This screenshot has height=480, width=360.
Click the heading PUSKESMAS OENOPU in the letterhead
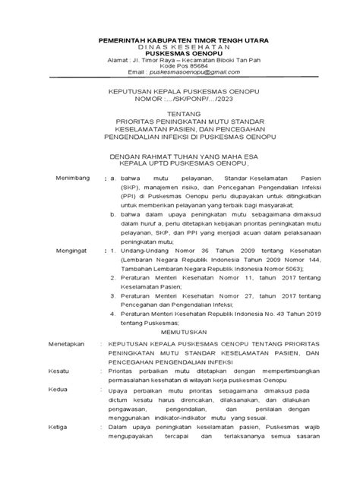tap(180, 53)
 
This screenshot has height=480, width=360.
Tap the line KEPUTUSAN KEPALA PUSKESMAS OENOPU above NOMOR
tap(180, 90)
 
